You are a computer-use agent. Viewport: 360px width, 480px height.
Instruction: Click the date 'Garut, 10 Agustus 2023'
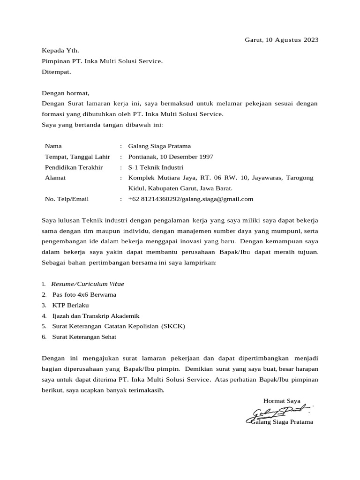pos(281,40)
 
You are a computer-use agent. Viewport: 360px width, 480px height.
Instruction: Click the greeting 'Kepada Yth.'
pos(60,51)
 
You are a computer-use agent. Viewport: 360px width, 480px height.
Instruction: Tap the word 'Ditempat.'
pos(57,72)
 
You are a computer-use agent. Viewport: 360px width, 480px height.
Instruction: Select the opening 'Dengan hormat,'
pos(65,93)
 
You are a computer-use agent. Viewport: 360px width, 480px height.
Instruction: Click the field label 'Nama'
pos(53,146)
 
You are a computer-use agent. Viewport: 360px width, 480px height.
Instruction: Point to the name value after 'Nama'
pos(159,146)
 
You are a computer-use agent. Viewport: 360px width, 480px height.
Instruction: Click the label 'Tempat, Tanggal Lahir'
pos(77,157)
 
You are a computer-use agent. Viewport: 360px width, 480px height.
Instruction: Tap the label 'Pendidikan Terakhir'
pos(74,167)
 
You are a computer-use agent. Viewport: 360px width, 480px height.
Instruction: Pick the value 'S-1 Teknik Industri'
pos(156,167)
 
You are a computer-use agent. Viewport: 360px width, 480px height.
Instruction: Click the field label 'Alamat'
pos(55,178)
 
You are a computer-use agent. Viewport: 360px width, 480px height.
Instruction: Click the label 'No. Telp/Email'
pos(67,199)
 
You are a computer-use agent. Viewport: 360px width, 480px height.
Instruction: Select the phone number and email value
pos(190,199)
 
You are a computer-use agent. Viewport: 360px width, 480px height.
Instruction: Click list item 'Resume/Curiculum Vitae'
pos(88,284)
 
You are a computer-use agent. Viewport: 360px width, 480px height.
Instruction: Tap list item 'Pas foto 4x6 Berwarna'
pos(84,295)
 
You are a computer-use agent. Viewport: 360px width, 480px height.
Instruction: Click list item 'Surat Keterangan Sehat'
pos(84,337)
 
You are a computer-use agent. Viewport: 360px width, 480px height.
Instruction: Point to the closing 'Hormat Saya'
pos(282,401)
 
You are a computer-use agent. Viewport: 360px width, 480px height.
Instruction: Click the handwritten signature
pos(279,412)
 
